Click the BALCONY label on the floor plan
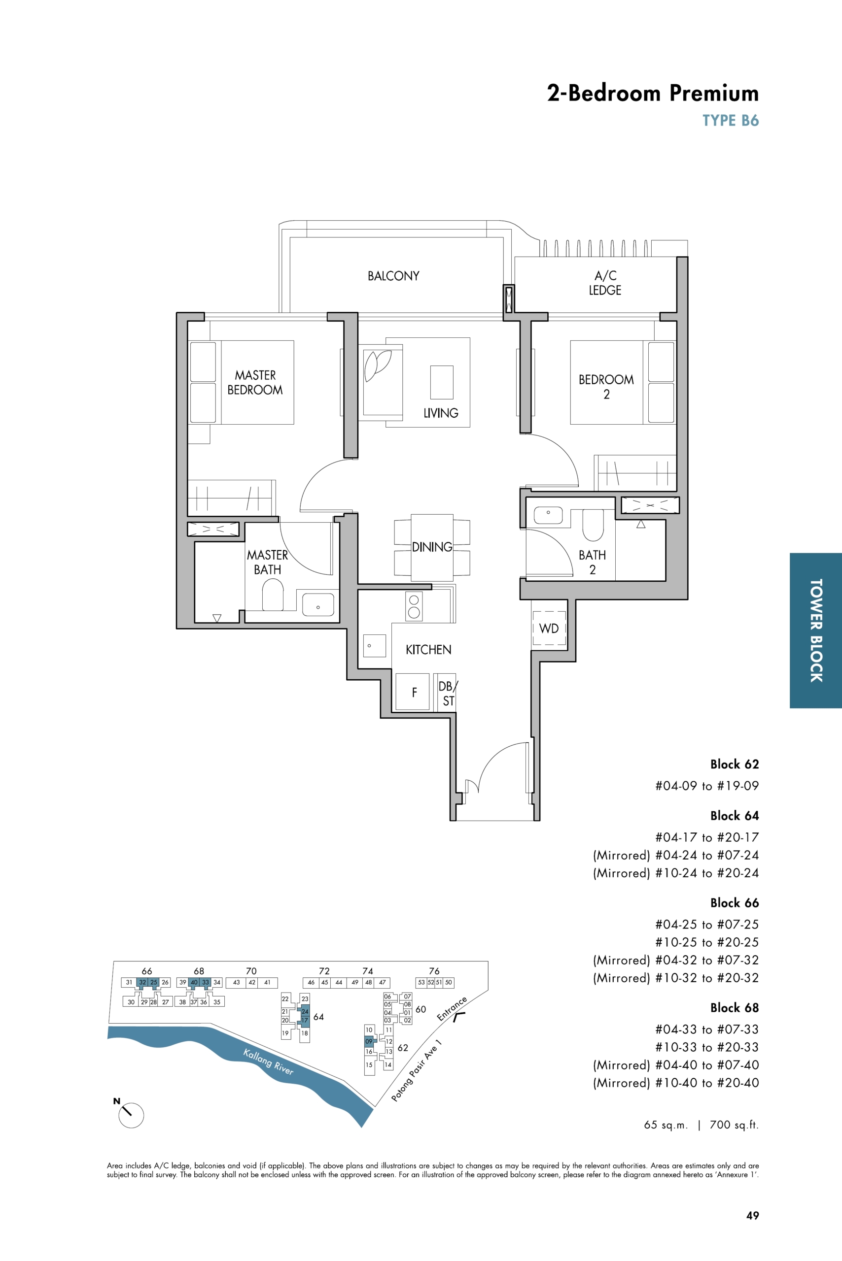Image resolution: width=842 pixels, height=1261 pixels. [x=393, y=276]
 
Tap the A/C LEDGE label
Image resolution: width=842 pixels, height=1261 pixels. [x=605, y=283]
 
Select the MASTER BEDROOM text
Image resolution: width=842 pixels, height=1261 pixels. [x=255, y=383]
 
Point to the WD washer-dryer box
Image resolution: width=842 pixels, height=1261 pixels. [x=549, y=628]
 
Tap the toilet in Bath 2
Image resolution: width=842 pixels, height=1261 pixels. [x=593, y=525]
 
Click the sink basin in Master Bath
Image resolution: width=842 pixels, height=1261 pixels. [x=318, y=605]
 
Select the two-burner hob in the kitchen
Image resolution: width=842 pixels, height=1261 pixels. [x=414, y=606]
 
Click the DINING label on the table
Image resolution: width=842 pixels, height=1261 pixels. [x=432, y=547]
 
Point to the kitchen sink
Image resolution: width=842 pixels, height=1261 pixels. [x=375, y=646]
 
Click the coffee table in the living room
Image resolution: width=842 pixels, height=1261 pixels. [x=441, y=382]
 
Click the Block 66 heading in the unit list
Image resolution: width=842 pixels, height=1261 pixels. [x=734, y=902]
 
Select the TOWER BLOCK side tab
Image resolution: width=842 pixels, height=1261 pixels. [x=816, y=630]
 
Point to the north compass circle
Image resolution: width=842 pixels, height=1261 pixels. [x=131, y=1115]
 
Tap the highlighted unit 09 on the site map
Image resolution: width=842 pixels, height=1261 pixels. [x=369, y=1041]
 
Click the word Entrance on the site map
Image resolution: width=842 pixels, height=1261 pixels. [x=452, y=1008]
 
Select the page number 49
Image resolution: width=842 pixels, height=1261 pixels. [x=752, y=1215]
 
